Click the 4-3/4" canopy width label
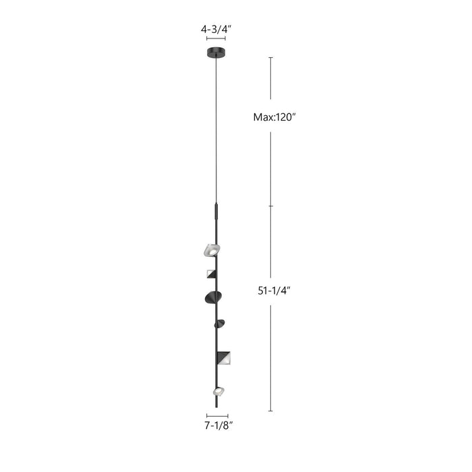pos(216,30)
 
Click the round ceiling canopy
pos(216,53)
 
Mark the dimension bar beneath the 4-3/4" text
pos(216,40)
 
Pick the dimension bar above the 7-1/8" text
pos(217,416)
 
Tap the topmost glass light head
pos(212,250)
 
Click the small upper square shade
pos(211,274)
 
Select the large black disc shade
pos(210,297)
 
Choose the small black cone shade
pos(220,324)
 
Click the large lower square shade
pos(225,357)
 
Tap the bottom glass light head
pos(218,390)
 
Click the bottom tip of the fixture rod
pos(216,406)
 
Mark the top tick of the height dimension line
pos(270,58)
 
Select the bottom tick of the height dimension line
pos(270,411)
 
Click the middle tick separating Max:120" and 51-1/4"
pos(270,206)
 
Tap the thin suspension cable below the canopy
pos(216,128)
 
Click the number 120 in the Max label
pos(283,117)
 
